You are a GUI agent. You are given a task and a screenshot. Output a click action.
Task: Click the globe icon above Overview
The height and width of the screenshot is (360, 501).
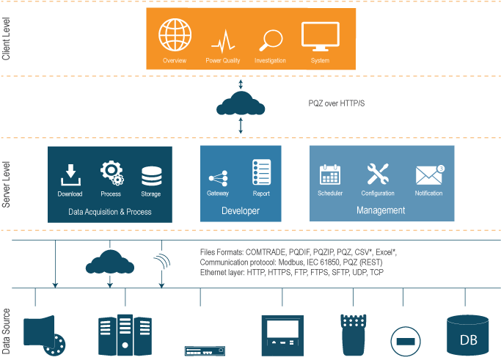pos(175,34)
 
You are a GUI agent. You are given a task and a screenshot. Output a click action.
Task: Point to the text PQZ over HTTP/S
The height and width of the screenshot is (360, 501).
pos(337,103)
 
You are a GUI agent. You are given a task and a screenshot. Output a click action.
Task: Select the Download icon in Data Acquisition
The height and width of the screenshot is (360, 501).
pos(70,175)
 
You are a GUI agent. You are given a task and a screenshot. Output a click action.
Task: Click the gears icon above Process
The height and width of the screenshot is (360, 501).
pos(111,173)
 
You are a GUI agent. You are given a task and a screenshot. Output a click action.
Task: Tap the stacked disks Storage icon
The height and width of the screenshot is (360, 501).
pos(151,176)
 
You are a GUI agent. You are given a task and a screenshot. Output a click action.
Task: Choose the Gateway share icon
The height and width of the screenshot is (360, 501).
pos(218,177)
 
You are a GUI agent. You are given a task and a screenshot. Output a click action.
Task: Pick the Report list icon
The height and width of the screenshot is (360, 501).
pos(261,172)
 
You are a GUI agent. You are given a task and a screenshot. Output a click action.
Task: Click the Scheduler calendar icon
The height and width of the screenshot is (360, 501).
pos(329,175)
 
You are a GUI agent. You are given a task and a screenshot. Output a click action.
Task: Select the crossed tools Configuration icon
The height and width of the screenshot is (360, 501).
pos(378,174)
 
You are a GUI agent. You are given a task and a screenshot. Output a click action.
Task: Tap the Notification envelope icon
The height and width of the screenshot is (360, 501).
pos(428,175)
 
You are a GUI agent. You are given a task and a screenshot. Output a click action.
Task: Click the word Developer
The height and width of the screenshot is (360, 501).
pos(241,211)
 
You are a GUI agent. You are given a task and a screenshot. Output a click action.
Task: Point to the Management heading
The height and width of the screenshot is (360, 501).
pos(381,210)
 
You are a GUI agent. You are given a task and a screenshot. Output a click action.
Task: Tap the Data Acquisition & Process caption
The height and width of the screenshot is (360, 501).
pos(110,212)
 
